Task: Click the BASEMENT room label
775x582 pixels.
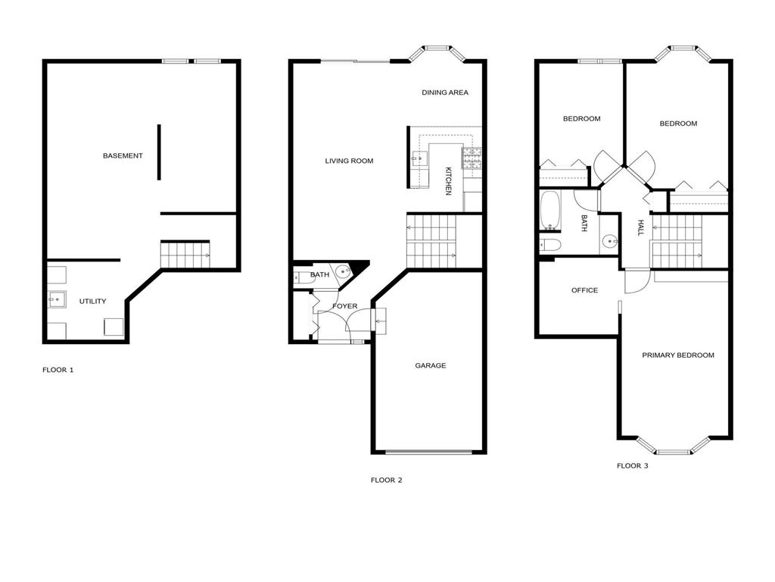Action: pyautogui.click(x=123, y=156)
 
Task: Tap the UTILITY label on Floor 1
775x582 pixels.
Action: pyautogui.click(x=92, y=302)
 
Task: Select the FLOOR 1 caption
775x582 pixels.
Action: pyautogui.click(x=58, y=371)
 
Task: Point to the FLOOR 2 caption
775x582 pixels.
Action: pyautogui.click(x=386, y=480)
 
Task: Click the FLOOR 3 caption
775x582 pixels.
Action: pyautogui.click(x=632, y=466)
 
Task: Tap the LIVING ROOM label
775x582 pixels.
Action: pyautogui.click(x=349, y=161)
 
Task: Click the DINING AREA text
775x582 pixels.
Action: pyautogui.click(x=445, y=93)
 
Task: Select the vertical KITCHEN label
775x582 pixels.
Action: pyautogui.click(x=448, y=181)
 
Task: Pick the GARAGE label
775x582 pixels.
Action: pyautogui.click(x=430, y=366)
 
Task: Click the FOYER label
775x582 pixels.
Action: pyautogui.click(x=344, y=306)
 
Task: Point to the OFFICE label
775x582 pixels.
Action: pyautogui.click(x=584, y=290)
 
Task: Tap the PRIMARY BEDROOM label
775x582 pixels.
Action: pyautogui.click(x=677, y=355)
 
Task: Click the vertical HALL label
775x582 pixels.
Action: pyautogui.click(x=640, y=228)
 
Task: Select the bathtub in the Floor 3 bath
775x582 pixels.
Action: pyautogui.click(x=549, y=210)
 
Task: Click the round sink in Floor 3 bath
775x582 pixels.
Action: pyautogui.click(x=610, y=243)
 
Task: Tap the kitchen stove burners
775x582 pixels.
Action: pyautogui.click(x=473, y=157)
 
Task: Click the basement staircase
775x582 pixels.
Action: pyautogui.click(x=185, y=255)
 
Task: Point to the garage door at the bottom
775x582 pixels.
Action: pyautogui.click(x=429, y=452)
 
